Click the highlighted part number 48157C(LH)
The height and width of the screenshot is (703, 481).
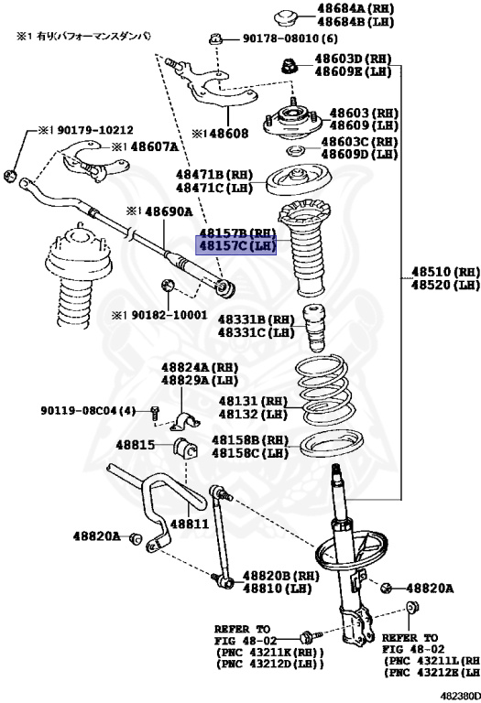(237, 245)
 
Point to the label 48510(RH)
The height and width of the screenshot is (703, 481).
(444, 272)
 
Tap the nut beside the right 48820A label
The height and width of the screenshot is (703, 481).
(387, 587)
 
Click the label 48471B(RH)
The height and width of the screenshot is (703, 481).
(214, 174)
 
